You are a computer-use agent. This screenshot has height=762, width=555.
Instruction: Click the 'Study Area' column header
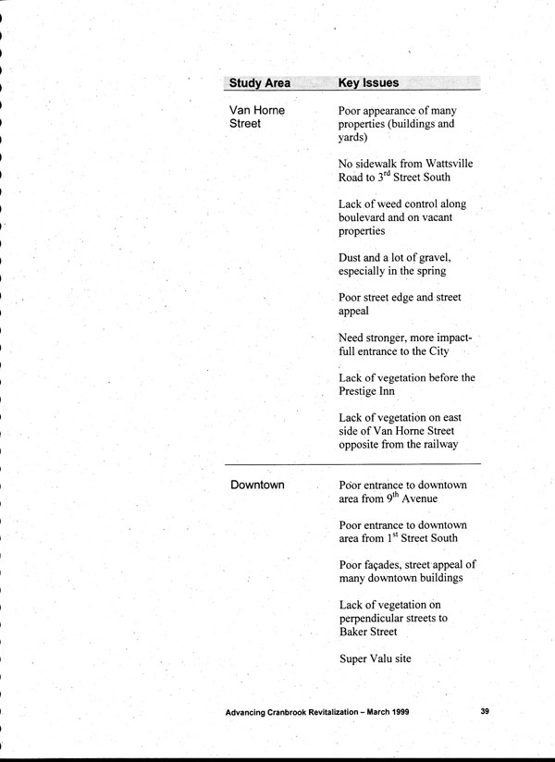[x=259, y=83]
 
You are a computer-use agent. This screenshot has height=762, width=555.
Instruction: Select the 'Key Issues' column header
[x=368, y=83]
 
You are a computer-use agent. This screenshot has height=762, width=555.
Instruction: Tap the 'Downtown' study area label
[x=257, y=485]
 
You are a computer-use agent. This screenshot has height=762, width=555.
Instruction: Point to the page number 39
[x=486, y=712]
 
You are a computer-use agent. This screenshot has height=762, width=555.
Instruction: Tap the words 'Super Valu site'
[x=374, y=659]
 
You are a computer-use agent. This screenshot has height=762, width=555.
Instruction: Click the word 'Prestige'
[x=361, y=391]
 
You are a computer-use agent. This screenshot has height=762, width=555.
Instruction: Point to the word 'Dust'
[x=353, y=257]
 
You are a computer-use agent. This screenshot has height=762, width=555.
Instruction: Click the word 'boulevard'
[x=368, y=217]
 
